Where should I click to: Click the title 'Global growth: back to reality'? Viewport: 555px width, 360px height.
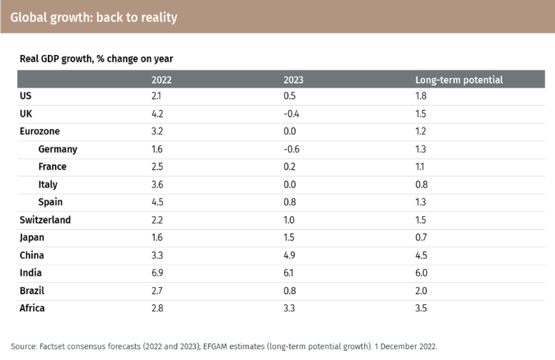pos(94,16)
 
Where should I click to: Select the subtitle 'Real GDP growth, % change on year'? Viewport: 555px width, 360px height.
pos(96,58)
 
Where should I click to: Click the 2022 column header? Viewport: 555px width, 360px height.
pos(162,79)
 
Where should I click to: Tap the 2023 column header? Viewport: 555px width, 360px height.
pos(293,79)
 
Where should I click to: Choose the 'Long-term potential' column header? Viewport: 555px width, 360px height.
pos(458,79)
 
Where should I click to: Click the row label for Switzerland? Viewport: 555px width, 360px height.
pos(45,220)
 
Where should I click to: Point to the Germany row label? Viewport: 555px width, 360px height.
pos(57,150)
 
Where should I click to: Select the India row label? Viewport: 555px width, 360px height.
pos(31,273)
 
